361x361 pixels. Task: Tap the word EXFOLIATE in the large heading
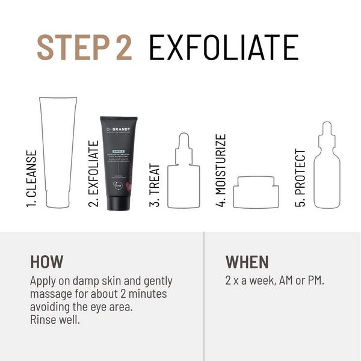pos(223,47)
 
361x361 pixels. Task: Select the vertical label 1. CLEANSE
pos(31,179)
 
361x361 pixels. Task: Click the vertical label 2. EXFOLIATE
pos(93,174)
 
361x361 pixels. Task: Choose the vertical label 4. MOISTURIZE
pos(221,171)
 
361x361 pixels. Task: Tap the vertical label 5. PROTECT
pos(300,178)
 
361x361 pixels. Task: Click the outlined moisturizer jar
pos(256,192)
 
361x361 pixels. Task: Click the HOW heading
pos(46,262)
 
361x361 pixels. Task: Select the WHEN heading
pos(247,262)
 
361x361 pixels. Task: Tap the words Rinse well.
pos(55,319)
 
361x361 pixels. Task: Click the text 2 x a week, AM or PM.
pos(274,280)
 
